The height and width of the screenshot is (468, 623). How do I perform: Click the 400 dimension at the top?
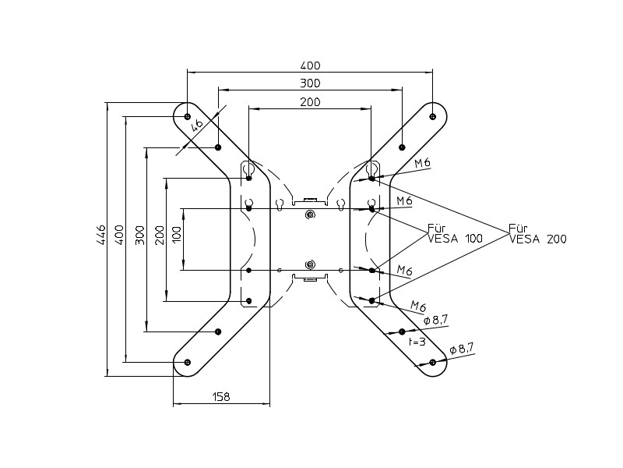coord(310,66)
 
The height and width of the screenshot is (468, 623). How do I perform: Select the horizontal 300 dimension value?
coord(310,83)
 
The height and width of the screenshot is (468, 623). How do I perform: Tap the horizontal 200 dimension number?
coord(310,102)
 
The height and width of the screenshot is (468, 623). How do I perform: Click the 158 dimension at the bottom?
coord(221,397)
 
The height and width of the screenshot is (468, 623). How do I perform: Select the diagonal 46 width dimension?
coord(197,123)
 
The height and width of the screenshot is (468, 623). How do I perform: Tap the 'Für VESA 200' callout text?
coord(537,234)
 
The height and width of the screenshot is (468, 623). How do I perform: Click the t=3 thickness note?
coord(417,342)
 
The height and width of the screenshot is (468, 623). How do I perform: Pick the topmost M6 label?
coord(423,163)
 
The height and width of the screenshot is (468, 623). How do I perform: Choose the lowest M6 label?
coord(418,305)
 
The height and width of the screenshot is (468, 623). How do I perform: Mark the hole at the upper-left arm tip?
coord(188,117)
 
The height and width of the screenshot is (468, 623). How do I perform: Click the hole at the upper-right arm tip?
coord(432,117)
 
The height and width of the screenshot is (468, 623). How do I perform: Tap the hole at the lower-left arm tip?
coord(188,362)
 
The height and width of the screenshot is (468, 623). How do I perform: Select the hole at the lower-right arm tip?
coord(432,362)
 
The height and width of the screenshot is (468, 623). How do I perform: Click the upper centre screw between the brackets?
coord(310,214)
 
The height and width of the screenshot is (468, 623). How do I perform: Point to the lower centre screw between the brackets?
coord(310,265)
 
